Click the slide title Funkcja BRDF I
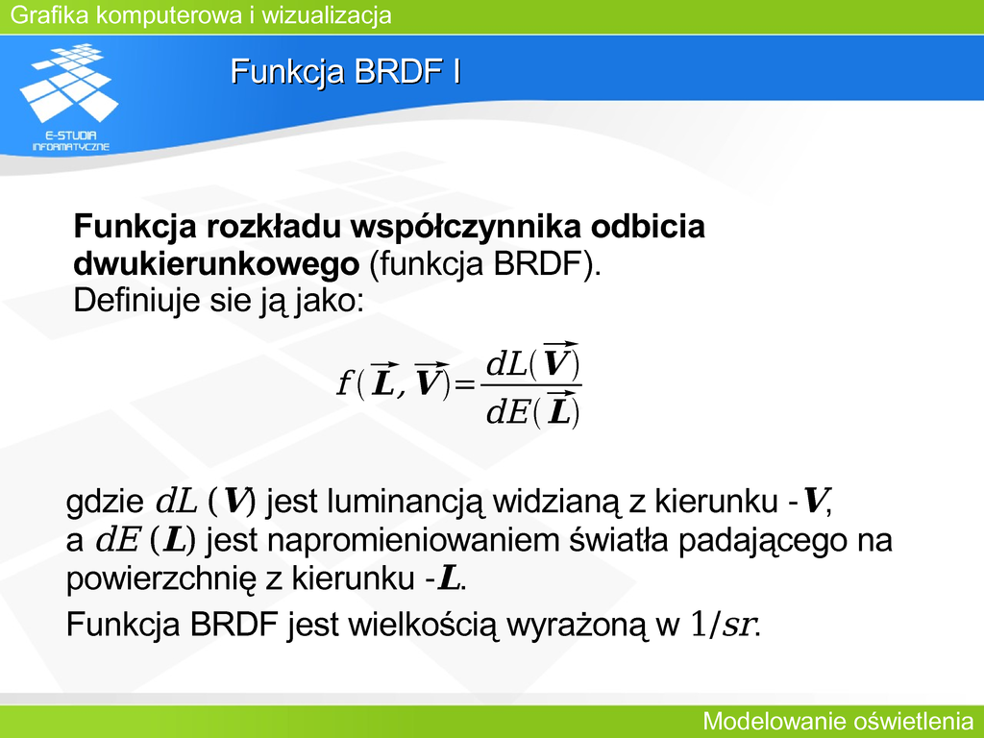click(346, 71)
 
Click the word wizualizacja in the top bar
click(327, 15)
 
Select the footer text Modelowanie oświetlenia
click(838, 721)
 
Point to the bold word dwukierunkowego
click(216, 264)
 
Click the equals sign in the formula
click(465, 384)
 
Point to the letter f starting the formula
click(344, 382)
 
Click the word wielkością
click(423, 625)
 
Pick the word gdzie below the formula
click(105, 502)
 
